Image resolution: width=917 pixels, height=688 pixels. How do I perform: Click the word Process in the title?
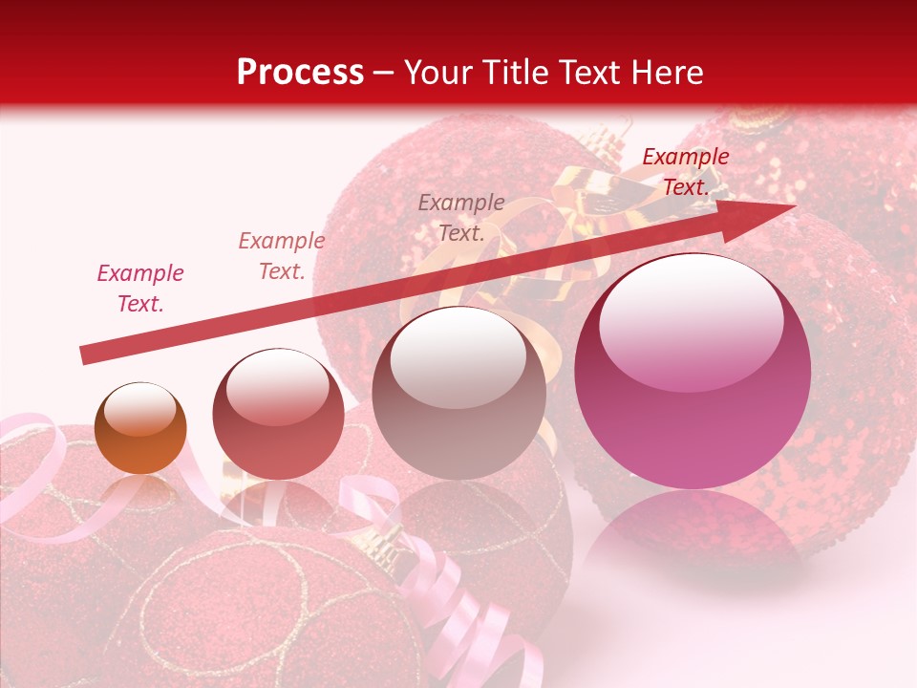point(300,73)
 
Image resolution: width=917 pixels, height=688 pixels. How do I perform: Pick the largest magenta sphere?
point(693,372)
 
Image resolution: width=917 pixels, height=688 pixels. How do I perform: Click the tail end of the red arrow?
point(86,355)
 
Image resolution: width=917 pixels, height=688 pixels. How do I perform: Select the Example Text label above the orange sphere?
point(140,289)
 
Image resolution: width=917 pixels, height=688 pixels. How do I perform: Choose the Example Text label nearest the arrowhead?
point(686,172)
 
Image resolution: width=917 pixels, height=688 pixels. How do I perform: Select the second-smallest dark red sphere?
point(278,414)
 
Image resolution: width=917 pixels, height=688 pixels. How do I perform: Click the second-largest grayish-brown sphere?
point(458,393)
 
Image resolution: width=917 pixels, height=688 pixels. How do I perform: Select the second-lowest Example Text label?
point(282,256)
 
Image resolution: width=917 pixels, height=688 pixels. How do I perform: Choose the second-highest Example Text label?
point(461,217)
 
